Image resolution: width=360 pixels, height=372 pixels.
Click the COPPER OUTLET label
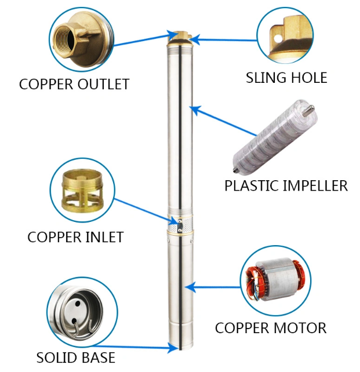[74, 84]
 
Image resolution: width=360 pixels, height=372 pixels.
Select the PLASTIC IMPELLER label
[286, 186]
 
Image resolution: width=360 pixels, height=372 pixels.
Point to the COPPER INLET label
[75, 237]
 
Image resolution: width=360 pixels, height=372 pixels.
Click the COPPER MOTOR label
[271, 328]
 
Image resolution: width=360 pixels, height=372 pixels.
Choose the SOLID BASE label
[75, 358]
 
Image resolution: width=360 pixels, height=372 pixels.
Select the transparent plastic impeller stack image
[273, 139]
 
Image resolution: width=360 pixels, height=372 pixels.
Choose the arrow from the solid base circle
[145, 347]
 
